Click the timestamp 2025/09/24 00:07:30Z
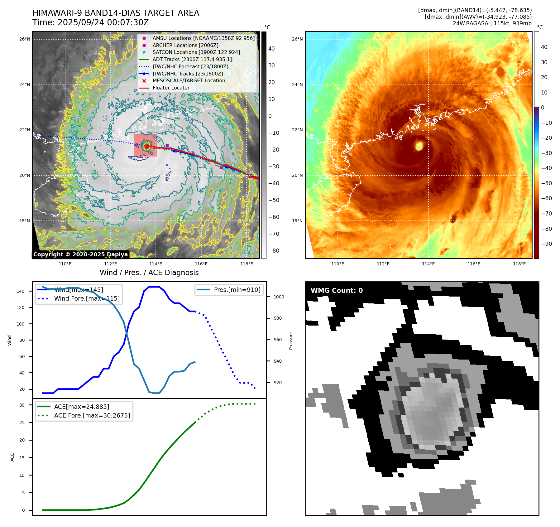(x=103, y=23)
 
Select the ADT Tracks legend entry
(x=192, y=59)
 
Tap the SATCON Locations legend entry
(x=196, y=52)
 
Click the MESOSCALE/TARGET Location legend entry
(x=189, y=80)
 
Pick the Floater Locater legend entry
(x=171, y=88)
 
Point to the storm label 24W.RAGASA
(x=470, y=23)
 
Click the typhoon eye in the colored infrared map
(x=419, y=145)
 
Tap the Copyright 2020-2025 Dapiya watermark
(x=80, y=254)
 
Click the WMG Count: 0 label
(x=337, y=290)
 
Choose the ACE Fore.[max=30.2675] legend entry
(x=92, y=415)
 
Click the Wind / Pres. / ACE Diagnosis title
(x=149, y=273)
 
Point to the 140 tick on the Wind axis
(x=21, y=291)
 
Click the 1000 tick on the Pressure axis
(x=279, y=297)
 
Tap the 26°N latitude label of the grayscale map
(x=25, y=39)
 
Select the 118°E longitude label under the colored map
(x=519, y=264)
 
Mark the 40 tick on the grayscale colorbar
(x=271, y=49)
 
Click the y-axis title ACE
(x=12, y=457)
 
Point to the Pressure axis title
(x=291, y=341)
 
